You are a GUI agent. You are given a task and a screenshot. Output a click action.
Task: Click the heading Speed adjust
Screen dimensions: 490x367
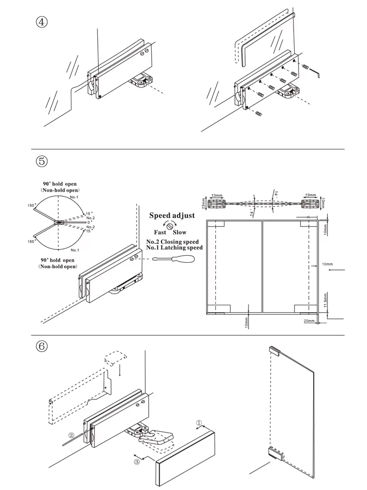[x=172, y=215]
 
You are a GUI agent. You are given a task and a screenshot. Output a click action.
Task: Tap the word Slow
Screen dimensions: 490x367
[x=180, y=232]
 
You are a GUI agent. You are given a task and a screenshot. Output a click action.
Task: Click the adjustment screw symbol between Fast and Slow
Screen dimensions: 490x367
[x=170, y=225]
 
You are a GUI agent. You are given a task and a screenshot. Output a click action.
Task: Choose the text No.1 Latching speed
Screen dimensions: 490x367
[x=174, y=248]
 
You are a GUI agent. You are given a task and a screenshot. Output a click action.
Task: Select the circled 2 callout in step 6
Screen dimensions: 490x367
[x=71, y=435]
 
